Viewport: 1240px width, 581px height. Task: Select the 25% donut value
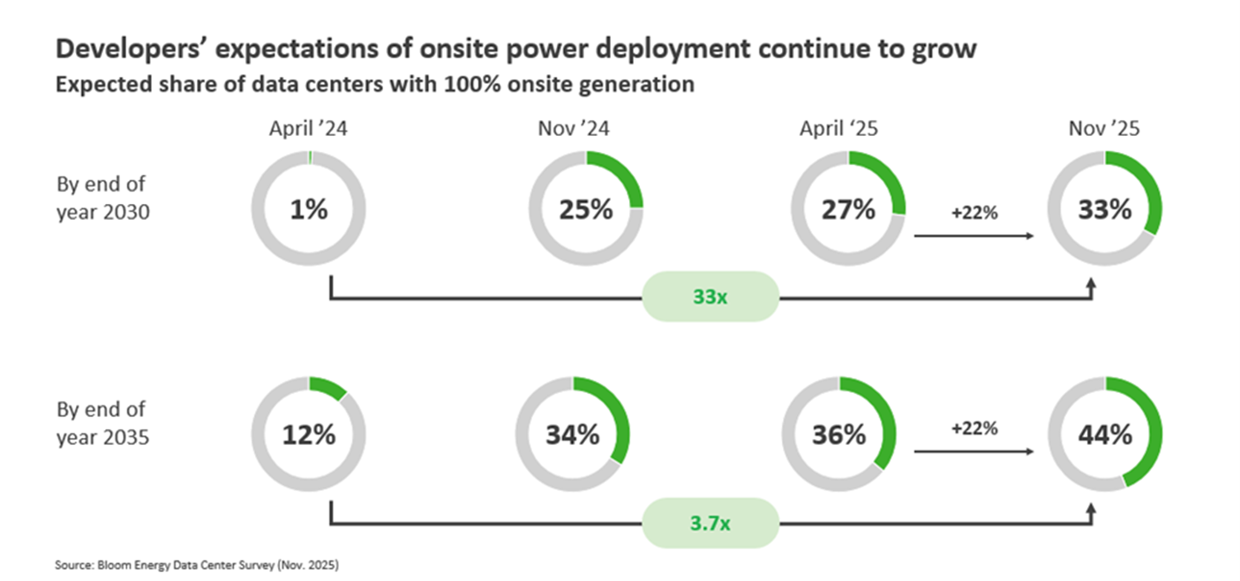585,210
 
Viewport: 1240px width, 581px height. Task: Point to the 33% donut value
1104,210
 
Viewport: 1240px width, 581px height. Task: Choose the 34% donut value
572,434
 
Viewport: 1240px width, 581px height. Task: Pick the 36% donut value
839,434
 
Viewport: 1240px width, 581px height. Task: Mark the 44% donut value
1104,434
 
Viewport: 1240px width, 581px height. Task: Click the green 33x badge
710,297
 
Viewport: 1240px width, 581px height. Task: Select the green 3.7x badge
710,523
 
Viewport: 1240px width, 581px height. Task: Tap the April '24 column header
307,129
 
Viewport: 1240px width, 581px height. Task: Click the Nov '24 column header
573,129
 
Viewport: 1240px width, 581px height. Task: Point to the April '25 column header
838,129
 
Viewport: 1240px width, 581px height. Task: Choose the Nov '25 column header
1103,129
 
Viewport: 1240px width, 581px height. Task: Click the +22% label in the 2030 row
974,212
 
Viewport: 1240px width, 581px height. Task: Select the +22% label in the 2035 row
974,428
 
